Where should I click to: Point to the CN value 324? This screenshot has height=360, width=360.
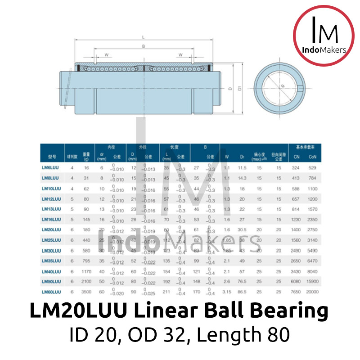296,167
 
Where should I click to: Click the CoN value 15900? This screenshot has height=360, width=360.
313,282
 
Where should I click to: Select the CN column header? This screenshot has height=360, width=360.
296,157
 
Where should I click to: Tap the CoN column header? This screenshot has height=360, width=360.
313,157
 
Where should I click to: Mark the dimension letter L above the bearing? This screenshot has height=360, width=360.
143,37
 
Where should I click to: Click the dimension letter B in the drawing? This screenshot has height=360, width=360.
143,46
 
